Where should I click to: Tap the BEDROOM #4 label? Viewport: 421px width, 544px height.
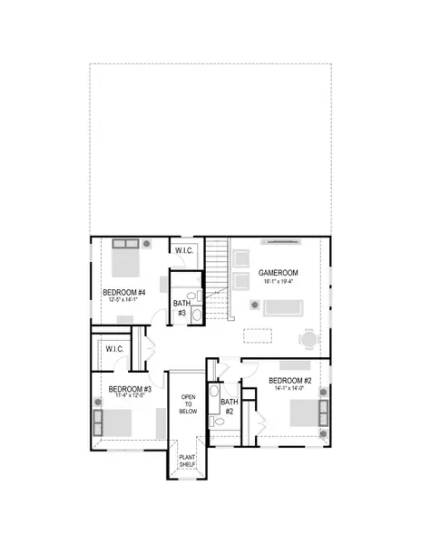pyautogui.click(x=122, y=293)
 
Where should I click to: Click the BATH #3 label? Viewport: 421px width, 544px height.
pyautogui.click(x=181, y=308)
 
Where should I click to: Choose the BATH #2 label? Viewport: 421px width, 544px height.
pyautogui.click(x=229, y=406)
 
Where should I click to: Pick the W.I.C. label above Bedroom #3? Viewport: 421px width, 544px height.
pyautogui.click(x=114, y=349)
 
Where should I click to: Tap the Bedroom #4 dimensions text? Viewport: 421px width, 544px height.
pyautogui.click(x=122, y=303)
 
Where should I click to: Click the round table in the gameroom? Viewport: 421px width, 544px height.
pyautogui.click(x=310, y=339)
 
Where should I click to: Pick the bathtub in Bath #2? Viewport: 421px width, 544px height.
pyautogui.click(x=214, y=399)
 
